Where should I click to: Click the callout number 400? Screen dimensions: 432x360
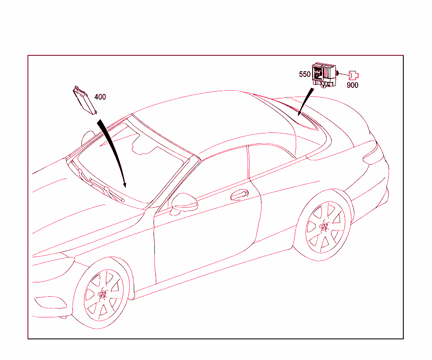pyautogui.click(x=100, y=97)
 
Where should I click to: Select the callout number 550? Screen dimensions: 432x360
pyautogui.click(x=305, y=74)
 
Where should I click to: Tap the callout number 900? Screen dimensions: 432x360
pyautogui.click(x=352, y=85)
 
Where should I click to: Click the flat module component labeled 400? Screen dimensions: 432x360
pyautogui.click(x=84, y=100)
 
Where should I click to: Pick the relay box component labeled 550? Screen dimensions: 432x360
pyautogui.click(x=324, y=75)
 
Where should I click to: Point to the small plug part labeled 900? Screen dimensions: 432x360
pyautogui.click(x=354, y=75)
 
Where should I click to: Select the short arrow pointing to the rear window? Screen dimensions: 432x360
pyautogui.click(x=305, y=102)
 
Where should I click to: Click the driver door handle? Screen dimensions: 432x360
pyautogui.click(x=239, y=195)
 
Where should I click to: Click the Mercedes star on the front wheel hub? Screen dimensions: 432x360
pyautogui.click(x=103, y=295)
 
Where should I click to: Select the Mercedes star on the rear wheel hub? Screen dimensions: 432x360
pyautogui.click(x=324, y=227)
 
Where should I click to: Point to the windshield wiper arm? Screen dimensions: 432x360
pyautogui.click(x=106, y=190)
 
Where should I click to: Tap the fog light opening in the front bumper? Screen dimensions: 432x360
pyautogui.click(x=51, y=302)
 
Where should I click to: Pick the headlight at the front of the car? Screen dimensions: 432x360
pyautogui.click(x=52, y=269)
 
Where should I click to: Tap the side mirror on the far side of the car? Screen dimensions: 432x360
pyautogui.click(x=88, y=138)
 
